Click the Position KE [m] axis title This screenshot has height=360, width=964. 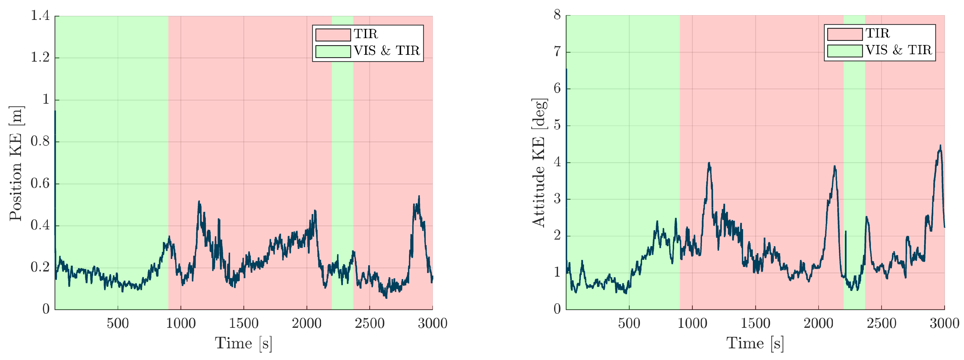tap(16, 163)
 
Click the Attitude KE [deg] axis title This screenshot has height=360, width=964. tap(539, 163)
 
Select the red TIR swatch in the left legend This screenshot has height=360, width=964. tap(333, 34)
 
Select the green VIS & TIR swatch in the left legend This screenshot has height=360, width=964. tap(333, 51)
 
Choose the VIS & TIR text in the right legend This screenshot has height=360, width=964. tap(899, 50)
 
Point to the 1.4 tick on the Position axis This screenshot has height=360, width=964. tap(40, 16)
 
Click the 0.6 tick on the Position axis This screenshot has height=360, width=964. tap(40, 183)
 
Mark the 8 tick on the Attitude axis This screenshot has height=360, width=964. tap(557, 15)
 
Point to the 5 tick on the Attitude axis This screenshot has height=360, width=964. tap(557, 125)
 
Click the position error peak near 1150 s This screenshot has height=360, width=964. tap(199, 202)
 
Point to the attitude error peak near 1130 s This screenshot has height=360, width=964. tap(709, 163)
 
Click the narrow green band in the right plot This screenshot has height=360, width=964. tap(854, 150)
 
